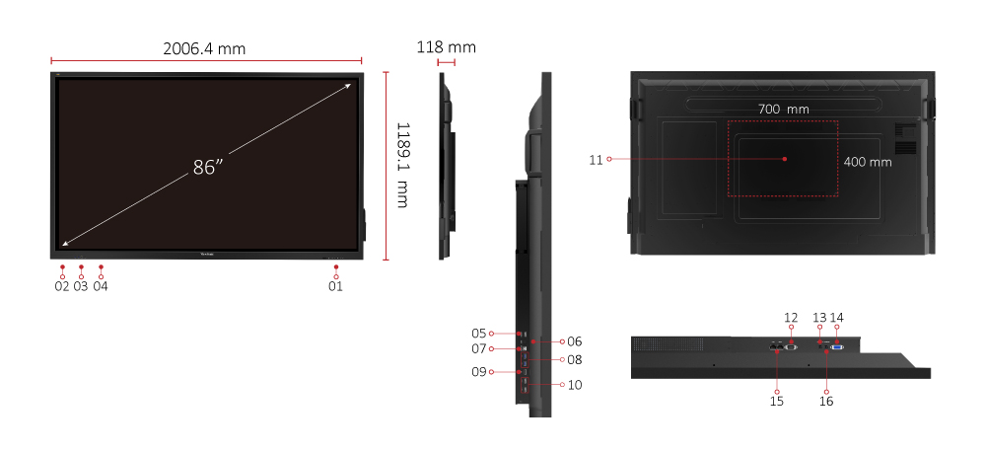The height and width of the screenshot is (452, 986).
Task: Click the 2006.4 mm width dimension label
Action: click(204, 48)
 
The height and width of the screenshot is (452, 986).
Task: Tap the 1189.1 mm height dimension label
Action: click(403, 165)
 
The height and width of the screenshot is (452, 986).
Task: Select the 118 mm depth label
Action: click(447, 47)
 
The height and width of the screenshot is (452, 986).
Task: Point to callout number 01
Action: click(336, 286)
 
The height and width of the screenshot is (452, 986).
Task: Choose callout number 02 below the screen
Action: click(61, 286)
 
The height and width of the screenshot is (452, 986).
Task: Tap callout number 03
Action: click(81, 286)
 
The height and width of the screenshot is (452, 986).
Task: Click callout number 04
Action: click(101, 286)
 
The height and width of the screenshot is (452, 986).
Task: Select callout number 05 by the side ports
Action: click(479, 333)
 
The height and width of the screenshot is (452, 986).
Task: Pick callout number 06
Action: click(575, 341)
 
